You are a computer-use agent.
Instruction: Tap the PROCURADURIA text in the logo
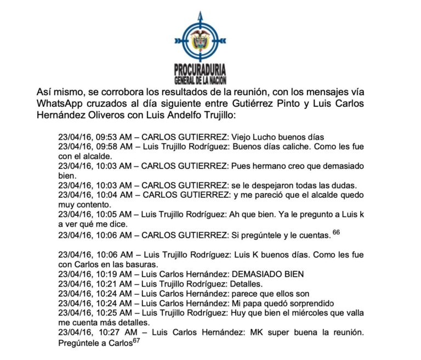click(200, 70)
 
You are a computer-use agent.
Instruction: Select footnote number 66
click(336, 232)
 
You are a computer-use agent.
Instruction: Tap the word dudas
click(344, 185)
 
